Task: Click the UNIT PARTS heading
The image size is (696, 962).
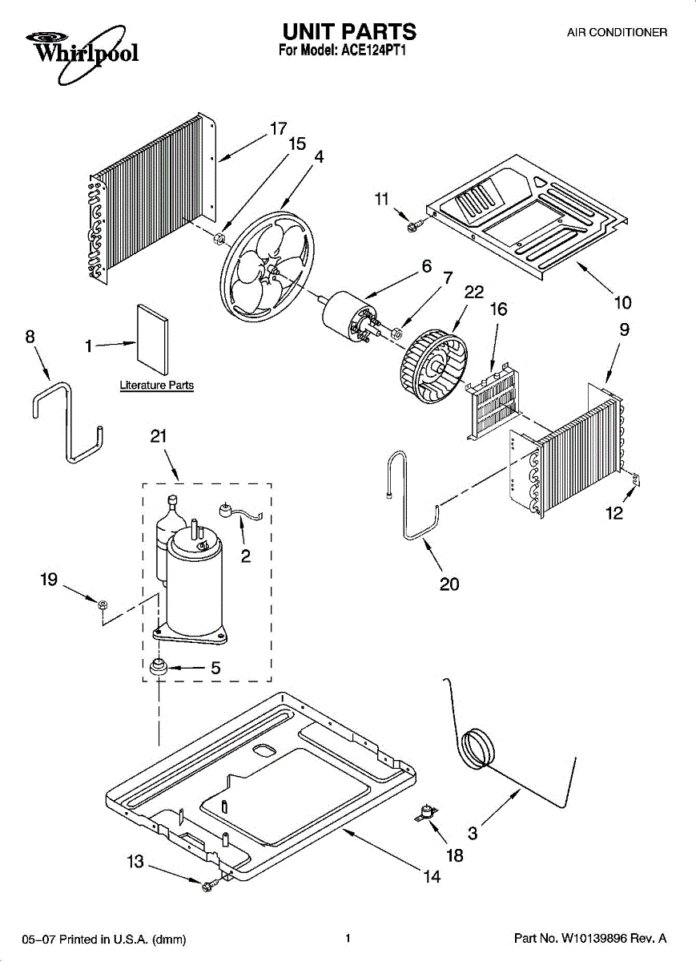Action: [348, 32]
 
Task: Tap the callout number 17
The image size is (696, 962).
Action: [278, 128]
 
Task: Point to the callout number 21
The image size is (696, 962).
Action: [159, 436]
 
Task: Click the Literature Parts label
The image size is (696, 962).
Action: [157, 386]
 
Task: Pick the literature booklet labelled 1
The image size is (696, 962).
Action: [152, 340]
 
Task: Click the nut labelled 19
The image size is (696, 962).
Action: [103, 604]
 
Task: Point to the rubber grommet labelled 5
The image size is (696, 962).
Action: [158, 665]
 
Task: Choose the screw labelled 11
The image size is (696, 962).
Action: [413, 227]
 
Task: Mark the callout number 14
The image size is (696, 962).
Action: [432, 876]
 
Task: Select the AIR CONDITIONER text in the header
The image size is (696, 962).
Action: [617, 33]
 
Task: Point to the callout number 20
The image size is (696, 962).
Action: [449, 584]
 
